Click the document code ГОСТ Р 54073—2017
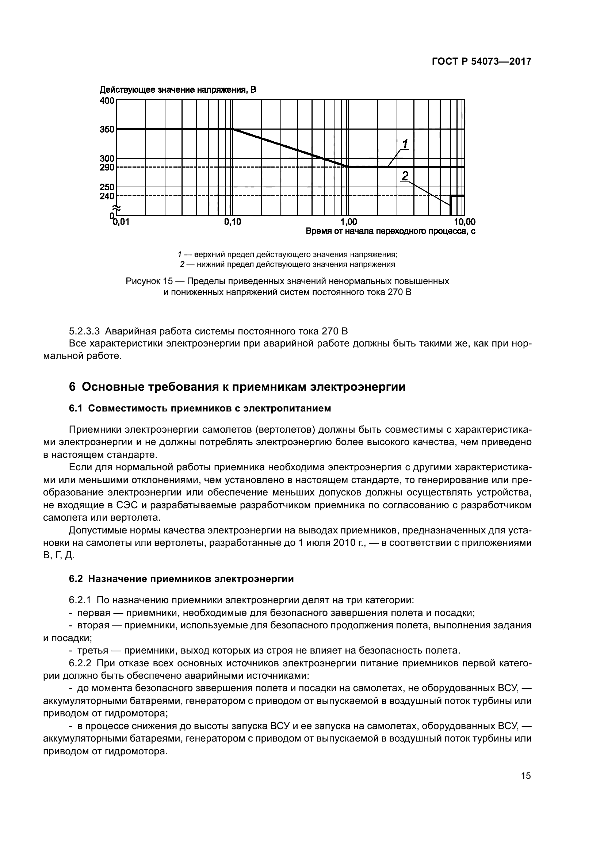click(x=481, y=62)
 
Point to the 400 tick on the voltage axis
click(x=107, y=101)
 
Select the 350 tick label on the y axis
click(x=107, y=130)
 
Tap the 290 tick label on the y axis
click(x=107, y=167)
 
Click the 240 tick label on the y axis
click(x=107, y=196)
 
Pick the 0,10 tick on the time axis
click(x=233, y=222)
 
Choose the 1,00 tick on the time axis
click(x=348, y=222)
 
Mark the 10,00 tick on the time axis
click(x=465, y=222)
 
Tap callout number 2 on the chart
click(x=405, y=176)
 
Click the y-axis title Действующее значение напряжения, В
click(x=178, y=90)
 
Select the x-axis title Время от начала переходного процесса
click(x=390, y=231)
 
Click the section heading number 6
click(x=73, y=387)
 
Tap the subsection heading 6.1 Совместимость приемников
click(x=200, y=409)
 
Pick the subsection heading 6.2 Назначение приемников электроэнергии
click(x=181, y=579)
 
